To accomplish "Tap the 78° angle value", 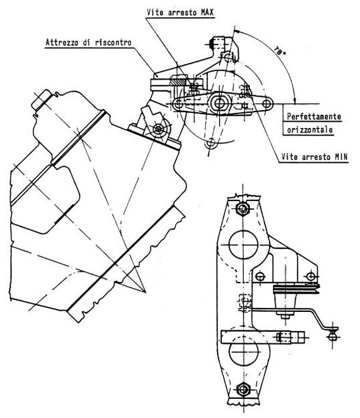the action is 279,51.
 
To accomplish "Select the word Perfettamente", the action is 313,116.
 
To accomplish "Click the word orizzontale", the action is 309,129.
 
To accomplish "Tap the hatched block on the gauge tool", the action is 178,81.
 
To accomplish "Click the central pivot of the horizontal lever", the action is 220,103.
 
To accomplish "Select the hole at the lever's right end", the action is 266,103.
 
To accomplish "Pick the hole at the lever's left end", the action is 177,103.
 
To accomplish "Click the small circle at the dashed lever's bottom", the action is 211,143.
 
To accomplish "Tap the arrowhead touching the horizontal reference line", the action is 294,101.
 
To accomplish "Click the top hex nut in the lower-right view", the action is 243,208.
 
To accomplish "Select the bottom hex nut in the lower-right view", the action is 243,389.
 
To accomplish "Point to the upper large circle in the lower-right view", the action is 244,244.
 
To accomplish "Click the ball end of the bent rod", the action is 332,337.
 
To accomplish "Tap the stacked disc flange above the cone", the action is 296,289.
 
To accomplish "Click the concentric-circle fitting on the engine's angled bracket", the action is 159,129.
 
